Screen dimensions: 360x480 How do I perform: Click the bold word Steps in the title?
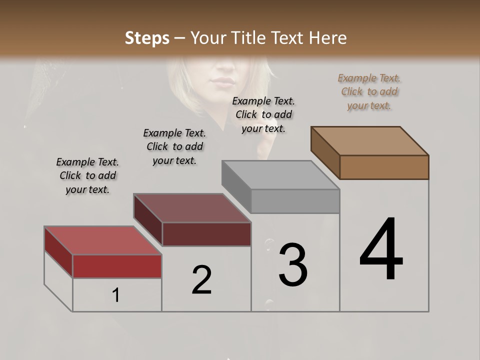tap(147, 38)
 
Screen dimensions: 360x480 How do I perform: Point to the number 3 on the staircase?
tap(293, 264)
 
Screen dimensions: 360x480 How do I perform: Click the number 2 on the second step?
tap(201, 279)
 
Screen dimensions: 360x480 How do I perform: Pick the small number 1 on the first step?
tap(116, 295)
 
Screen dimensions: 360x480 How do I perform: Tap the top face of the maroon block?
tap(192, 208)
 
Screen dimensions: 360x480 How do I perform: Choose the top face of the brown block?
tap(370, 141)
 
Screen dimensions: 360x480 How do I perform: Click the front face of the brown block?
tap(384, 167)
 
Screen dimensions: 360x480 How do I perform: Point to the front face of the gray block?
tap(295, 201)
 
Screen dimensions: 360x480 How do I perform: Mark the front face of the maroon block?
tap(206, 234)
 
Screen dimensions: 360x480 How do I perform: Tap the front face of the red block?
tap(117, 266)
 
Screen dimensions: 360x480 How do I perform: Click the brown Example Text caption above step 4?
tap(369, 91)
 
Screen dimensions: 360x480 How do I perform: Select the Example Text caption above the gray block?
tap(263, 114)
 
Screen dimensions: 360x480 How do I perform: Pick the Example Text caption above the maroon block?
tap(174, 146)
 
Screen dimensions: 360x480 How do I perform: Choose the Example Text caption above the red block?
tap(87, 175)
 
